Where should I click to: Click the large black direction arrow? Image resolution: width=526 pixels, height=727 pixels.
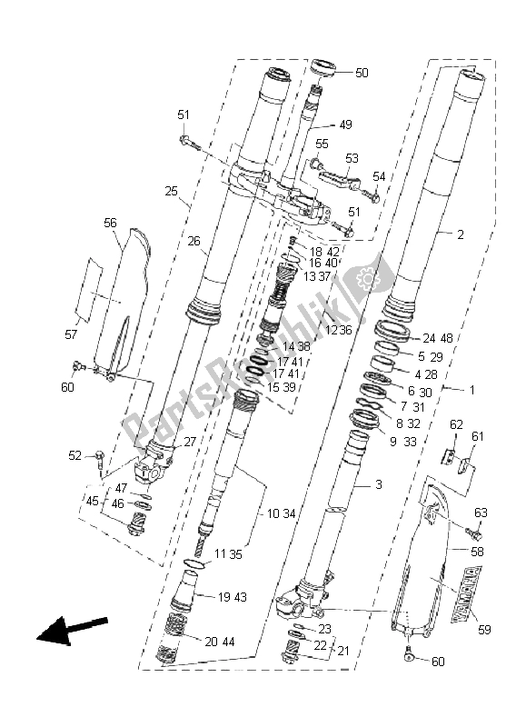71,630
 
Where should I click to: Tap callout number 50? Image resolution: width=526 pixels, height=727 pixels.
362,73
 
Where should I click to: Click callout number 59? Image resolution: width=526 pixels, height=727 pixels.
484,629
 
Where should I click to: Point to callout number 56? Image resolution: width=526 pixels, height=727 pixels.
110,223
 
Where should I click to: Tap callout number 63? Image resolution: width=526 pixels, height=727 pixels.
481,513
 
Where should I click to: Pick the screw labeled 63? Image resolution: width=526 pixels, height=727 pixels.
474,533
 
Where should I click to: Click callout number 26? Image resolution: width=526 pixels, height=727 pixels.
194,241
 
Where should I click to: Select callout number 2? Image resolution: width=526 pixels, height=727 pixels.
461,234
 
